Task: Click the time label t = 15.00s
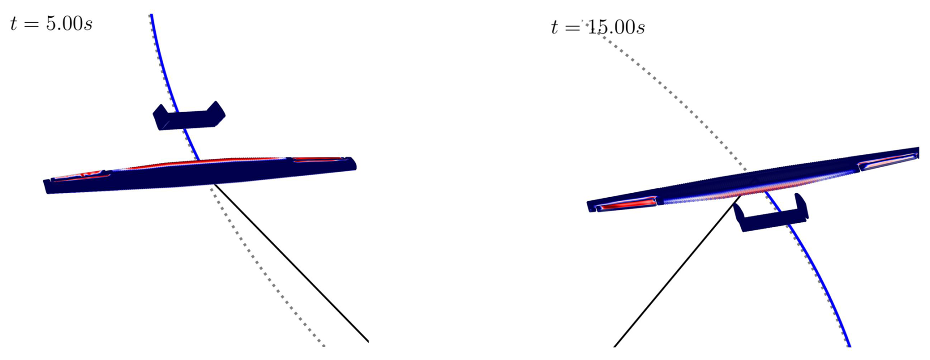[598, 27]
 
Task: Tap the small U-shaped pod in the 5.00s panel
[189, 116]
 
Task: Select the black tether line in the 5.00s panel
[291, 263]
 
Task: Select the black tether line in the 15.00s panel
[677, 271]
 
